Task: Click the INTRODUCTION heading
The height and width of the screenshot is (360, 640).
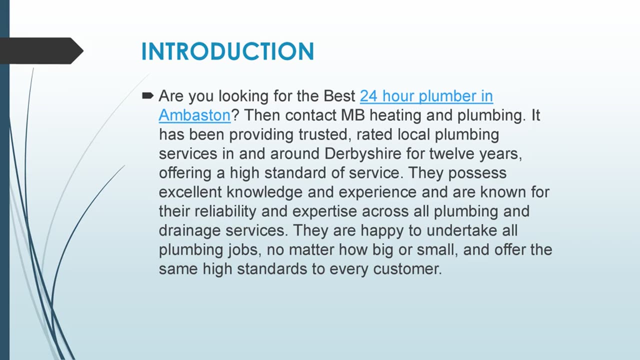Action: pos(227,51)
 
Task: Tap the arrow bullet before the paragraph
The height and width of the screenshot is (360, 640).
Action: pos(147,95)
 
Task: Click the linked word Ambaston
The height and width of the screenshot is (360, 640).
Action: pos(194,115)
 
